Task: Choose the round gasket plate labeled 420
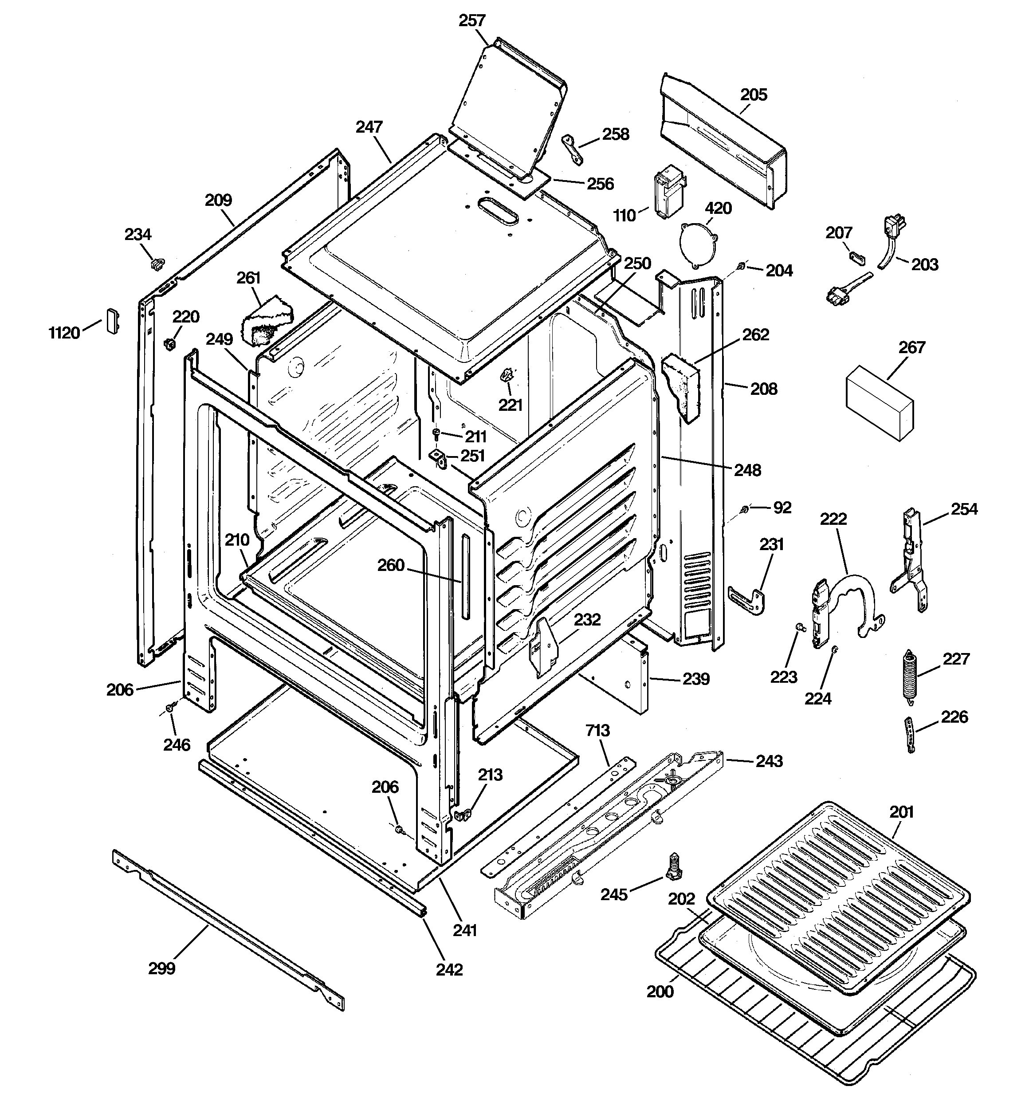point(699,242)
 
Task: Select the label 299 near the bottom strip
point(162,968)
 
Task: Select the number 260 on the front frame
point(391,565)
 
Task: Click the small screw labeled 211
point(436,432)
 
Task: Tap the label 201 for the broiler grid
point(901,812)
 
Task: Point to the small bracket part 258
point(572,149)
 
